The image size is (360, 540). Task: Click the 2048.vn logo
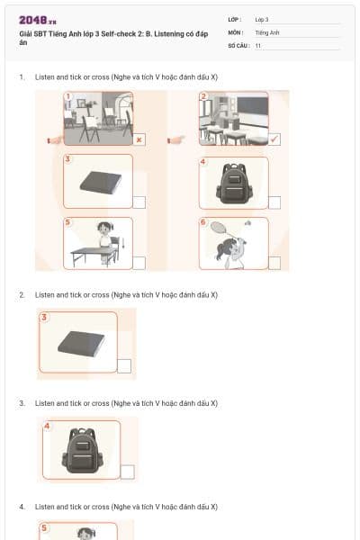37,19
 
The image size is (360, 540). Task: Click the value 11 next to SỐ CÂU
258,44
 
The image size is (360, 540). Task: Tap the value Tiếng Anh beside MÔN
267,31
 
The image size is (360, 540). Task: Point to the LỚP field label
234,19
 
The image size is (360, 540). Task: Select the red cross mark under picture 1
139,139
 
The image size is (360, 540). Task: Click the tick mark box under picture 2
274,139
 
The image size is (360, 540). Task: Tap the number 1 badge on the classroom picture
67,96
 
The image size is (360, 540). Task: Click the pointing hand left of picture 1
53,139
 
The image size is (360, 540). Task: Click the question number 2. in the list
22,295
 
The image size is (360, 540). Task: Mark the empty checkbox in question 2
124,365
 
